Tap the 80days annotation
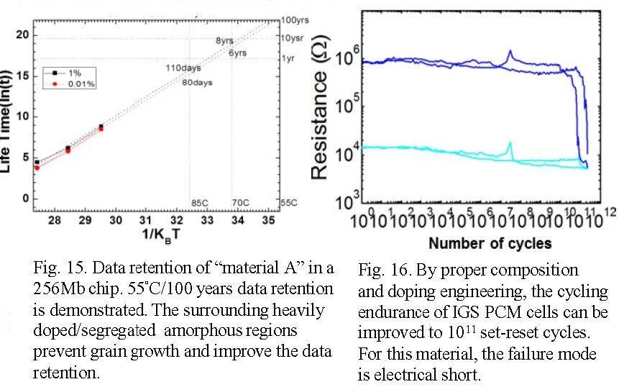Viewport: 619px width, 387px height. point(198,81)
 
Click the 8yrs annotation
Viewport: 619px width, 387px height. point(224,41)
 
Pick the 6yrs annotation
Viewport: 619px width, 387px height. point(238,53)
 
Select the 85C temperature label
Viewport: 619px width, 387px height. point(199,203)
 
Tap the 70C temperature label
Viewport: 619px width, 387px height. point(240,203)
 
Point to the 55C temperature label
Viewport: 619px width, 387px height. point(288,203)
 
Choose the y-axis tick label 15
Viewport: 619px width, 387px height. point(22,75)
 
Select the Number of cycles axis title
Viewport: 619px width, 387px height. point(480,242)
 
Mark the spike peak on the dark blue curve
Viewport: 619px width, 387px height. point(510,51)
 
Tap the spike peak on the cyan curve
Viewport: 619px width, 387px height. point(510,143)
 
